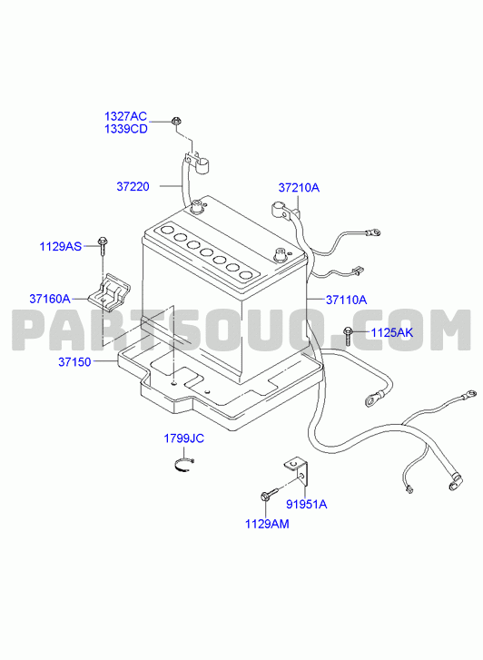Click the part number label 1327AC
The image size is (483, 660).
coord(125,116)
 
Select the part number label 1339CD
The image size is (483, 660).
coord(126,129)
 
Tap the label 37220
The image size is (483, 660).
coord(133,186)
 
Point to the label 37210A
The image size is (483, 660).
coord(299,188)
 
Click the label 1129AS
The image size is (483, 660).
coord(61,246)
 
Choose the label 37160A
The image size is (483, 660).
coord(50,299)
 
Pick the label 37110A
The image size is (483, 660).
coord(346,300)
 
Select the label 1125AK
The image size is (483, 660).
coord(391,333)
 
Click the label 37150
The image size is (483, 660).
coord(74,362)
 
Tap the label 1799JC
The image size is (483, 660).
coord(183,438)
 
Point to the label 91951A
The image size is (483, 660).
coord(307,504)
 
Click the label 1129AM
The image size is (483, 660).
coord(267,524)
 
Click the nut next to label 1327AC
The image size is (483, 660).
coord(175,122)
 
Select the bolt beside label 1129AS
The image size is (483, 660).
coord(102,245)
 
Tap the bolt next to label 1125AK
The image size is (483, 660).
coord(348,335)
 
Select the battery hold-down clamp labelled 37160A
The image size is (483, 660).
coord(110,292)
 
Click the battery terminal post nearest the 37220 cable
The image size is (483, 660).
coord(197,206)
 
